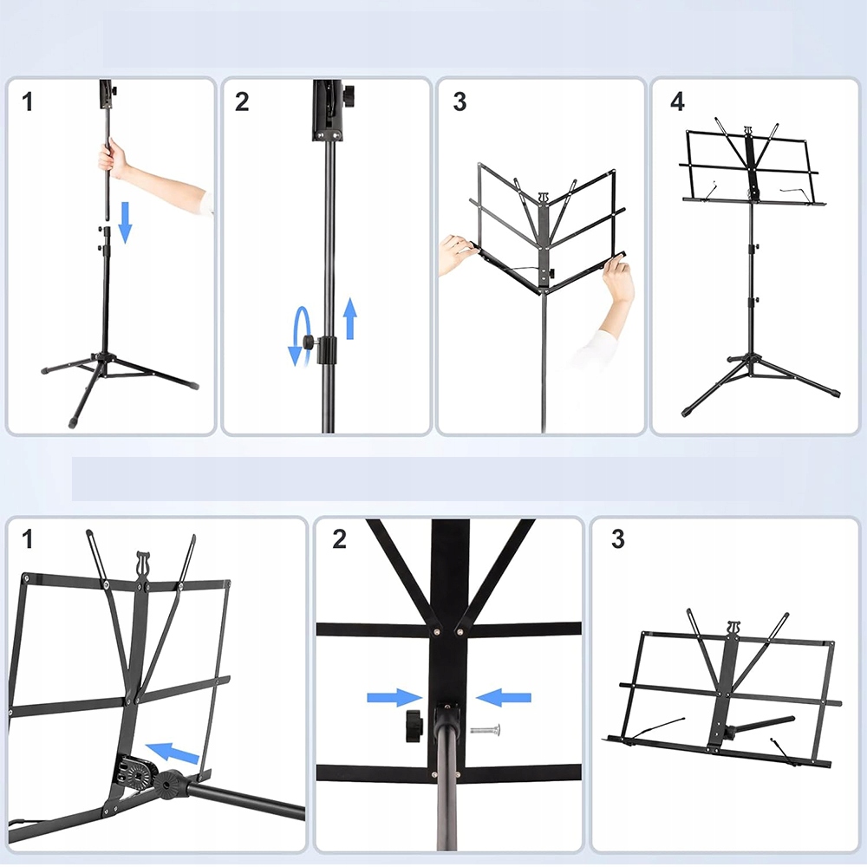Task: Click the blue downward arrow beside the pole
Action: click(126, 222)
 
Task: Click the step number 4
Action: click(677, 101)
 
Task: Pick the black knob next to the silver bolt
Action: click(414, 726)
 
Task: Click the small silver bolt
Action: click(486, 730)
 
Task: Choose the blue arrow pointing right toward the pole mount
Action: click(394, 697)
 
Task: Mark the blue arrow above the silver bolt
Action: click(503, 697)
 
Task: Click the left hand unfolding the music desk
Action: click(457, 252)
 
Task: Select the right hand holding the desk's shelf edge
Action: click(617, 278)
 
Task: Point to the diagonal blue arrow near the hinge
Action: click(172, 753)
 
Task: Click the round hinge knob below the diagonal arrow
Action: click(168, 784)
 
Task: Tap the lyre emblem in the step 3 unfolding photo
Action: click(543, 198)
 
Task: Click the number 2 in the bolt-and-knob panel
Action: click(340, 539)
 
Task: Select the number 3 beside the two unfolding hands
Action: click(460, 101)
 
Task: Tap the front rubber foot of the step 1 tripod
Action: click(73, 422)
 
